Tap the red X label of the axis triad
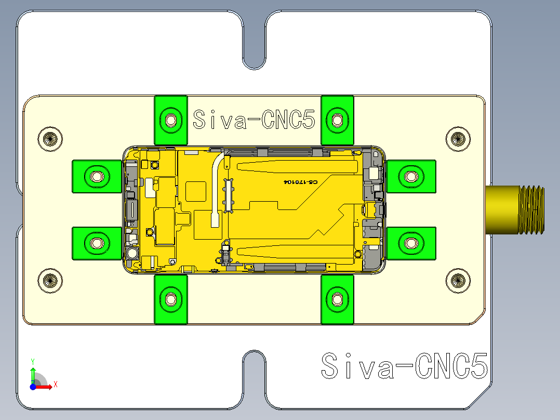(x=55, y=385)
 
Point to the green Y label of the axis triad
(x=32, y=360)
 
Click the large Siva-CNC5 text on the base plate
(x=404, y=365)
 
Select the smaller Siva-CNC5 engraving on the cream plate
(x=254, y=120)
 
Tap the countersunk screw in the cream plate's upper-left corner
(x=50, y=139)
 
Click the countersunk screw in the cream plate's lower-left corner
(x=50, y=280)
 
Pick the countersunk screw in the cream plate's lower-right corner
(x=458, y=280)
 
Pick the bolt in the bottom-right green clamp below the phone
(x=337, y=299)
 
